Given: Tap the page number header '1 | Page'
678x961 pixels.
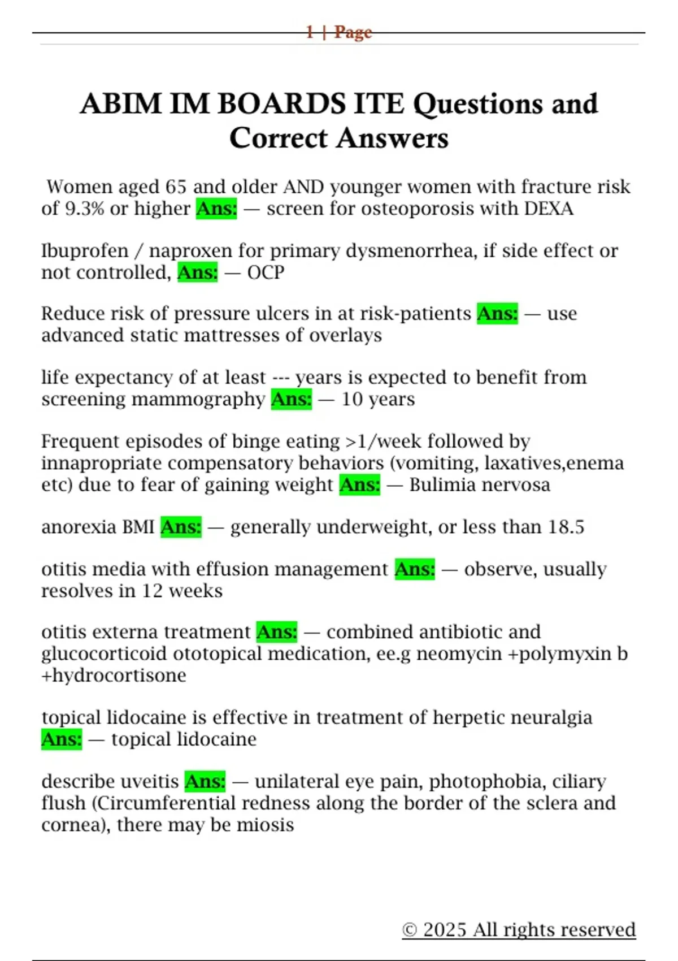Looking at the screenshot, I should (339, 32).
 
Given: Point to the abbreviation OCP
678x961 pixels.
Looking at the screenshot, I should (266, 272).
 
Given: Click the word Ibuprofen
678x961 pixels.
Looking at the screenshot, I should (85, 250).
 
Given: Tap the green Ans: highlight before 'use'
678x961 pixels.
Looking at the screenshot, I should (497, 314).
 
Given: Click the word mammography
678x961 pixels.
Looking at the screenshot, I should (198, 400).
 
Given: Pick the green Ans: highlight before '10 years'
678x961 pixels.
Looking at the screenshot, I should (292, 400).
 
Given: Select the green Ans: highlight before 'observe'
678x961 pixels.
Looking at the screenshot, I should (415, 569).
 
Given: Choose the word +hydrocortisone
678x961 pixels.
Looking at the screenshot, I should (114, 676).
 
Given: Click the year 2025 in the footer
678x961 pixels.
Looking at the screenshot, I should (445, 930).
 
